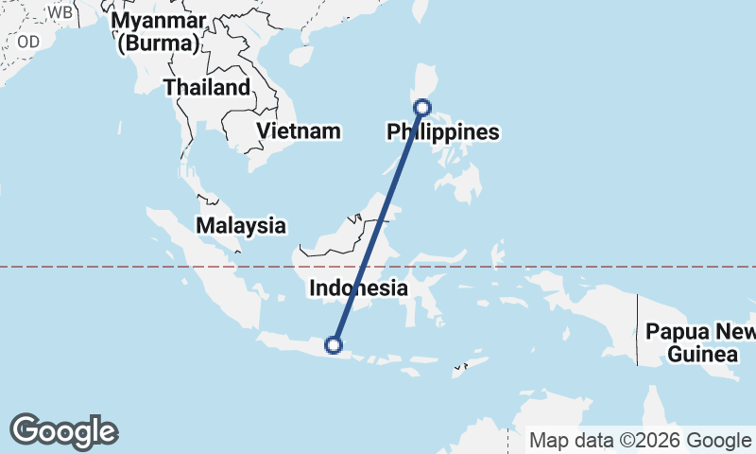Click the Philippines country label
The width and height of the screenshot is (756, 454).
pyautogui.click(x=442, y=132)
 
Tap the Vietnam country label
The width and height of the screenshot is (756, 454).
pyautogui.click(x=299, y=131)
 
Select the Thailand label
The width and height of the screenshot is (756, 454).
pyautogui.click(x=207, y=88)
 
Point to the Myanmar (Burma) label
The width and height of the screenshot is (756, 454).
pyautogui.click(x=157, y=31)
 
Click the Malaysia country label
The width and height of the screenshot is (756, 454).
pyautogui.click(x=240, y=225)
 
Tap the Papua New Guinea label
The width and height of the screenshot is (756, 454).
pyautogui.click(x=701, y=342)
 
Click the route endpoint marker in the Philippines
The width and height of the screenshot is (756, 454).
pyautogui.click(x=423, y=108)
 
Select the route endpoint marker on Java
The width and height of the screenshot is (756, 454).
pyautogui.click(x=333, y=345)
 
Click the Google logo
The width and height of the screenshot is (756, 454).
pyautogui.click(x=63, y=431)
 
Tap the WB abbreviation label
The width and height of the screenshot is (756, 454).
pyautogui.click(x=60, y=12)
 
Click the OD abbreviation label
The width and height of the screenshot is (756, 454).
pyautogui.click(x=28, y=41)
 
